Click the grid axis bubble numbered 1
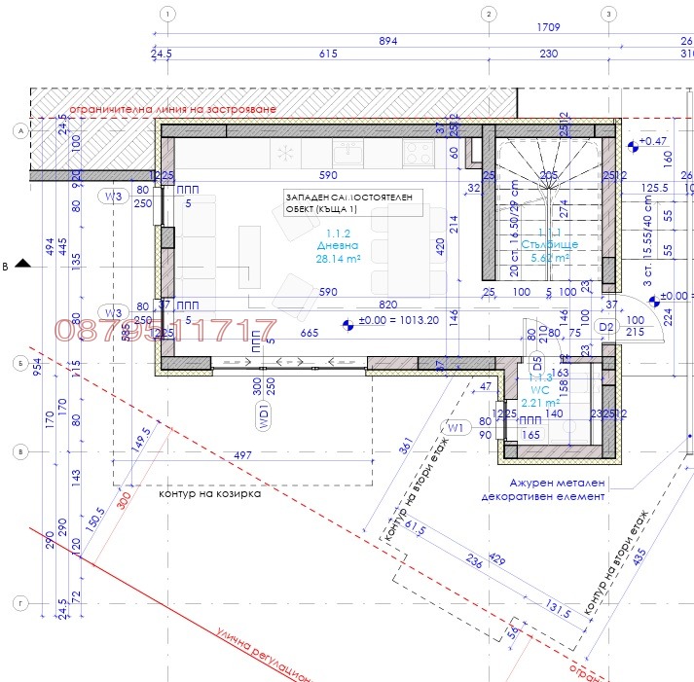coord(168,14)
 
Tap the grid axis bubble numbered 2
coord(487,14)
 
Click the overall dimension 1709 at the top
coord(547,29)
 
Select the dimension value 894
coord(387,41)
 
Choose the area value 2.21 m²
coord(539,402)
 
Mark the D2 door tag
coord(606,326)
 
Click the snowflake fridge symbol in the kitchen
coord(286,153)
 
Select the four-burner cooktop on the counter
coord(419,152)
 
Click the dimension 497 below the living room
coord(243,454)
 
